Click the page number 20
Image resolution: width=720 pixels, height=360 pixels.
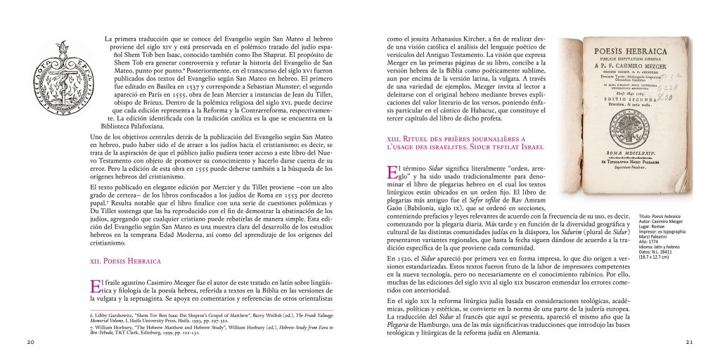click(x=30, y=342)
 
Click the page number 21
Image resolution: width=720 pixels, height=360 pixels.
click(x=690, y=342)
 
